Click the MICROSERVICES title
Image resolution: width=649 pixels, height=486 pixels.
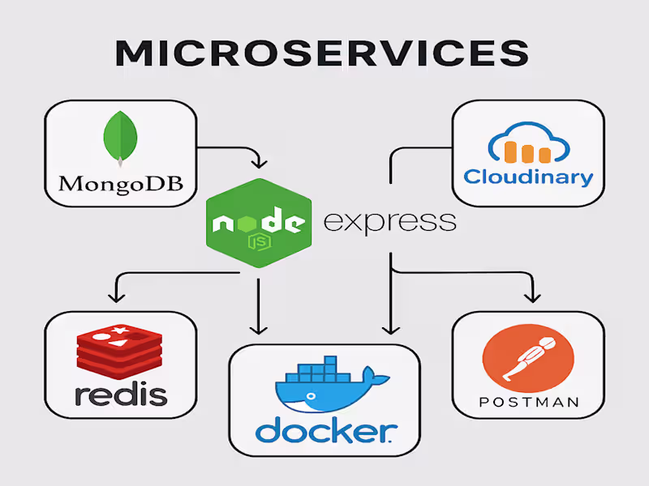pyautogui.click(x=322, y=53)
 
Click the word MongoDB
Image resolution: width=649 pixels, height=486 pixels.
pyautogui.click(x=120, y=182)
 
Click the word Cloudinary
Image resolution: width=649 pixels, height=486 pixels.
pyautogui.click(x=528, y=176)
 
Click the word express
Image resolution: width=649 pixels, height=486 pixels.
pyautogui.click(x=389, y=220)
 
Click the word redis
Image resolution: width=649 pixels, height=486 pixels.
pyautogui.click(x=120, y=394)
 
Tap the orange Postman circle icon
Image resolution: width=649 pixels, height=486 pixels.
pyautogui.click(x=527, y=354)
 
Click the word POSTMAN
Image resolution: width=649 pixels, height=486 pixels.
pyautogui.click(x=528, y=402)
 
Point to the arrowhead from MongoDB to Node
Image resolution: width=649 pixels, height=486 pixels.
pyautogui.click(x=258, y=160)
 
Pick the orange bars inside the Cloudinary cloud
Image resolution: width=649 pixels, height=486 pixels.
pyautogui.click(x=522, y=151)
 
